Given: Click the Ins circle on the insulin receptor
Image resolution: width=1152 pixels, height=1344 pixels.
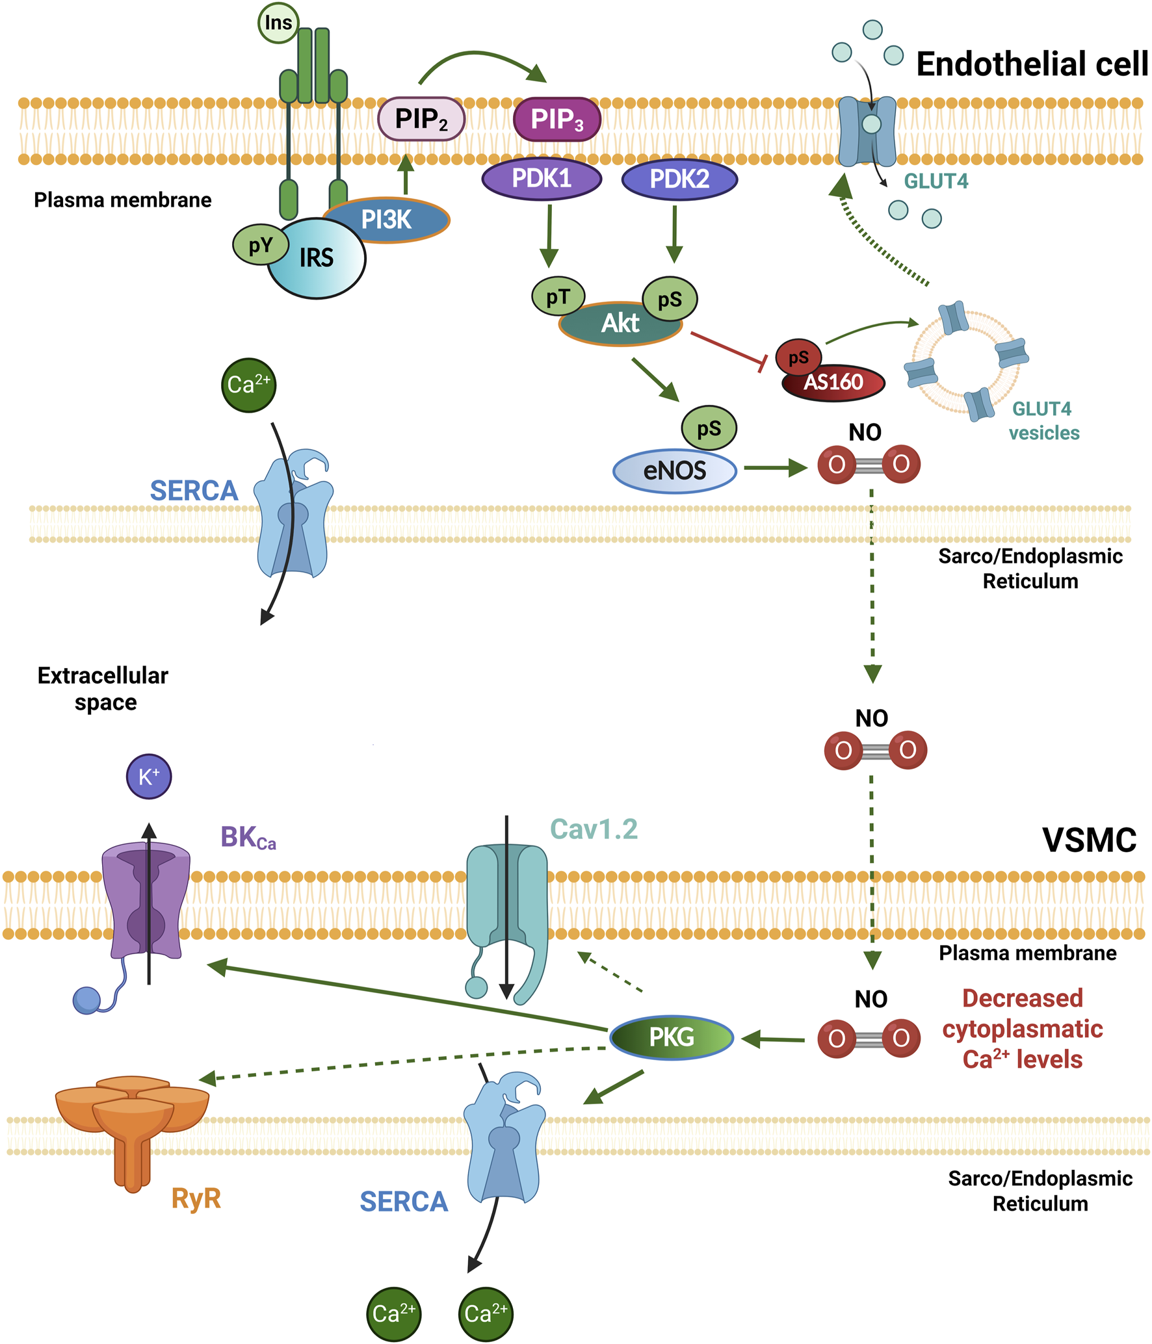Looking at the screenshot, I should pyautogui.click(x=278, y=23).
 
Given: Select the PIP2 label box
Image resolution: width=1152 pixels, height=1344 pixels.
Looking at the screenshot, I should pyautogui.click(x=421, y=119).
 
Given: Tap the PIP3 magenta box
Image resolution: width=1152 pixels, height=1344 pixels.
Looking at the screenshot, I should pyautogui.click(x=556, y=119).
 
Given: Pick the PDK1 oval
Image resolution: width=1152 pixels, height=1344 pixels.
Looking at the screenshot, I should pyautogui.click(x=542, y=179).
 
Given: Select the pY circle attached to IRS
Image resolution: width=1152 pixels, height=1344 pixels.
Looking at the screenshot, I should pyautogui.click(x=260, y=245).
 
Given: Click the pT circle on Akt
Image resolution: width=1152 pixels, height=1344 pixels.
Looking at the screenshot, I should pyautogui.click(x=558, y=297).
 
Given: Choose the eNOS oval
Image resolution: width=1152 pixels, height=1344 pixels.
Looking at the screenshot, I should pyautogui.click(x=674, y=471).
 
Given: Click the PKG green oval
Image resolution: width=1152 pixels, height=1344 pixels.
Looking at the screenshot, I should pyautogui.click(x=672, y=1037).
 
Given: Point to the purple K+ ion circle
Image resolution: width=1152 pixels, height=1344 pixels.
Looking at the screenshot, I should pyautogui.click(x=149, y=777).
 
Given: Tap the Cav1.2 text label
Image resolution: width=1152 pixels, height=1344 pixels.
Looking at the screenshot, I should pyautogui.click(x=594, y=830).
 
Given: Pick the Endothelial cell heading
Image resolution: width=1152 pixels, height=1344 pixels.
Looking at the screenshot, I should pyautogui.click(x=1032, y=64).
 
